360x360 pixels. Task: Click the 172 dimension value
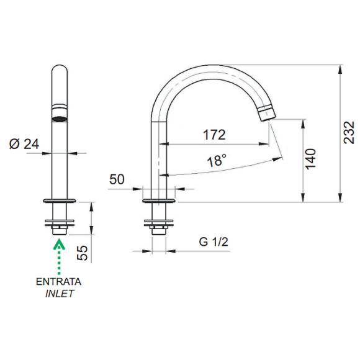[x=214, y=135]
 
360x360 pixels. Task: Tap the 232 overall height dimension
[x=349, y=133]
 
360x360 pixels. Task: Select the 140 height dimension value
[x=311, y=159]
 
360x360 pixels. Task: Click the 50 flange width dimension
[x=117, y=179]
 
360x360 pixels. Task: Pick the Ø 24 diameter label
[x=24, y=144]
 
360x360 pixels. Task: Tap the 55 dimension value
[x=83, y=253]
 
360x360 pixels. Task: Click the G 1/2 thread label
[x=214, y=242]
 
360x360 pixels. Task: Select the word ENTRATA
[x=58, y=282]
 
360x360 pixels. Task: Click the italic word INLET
[x=60, y=294]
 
